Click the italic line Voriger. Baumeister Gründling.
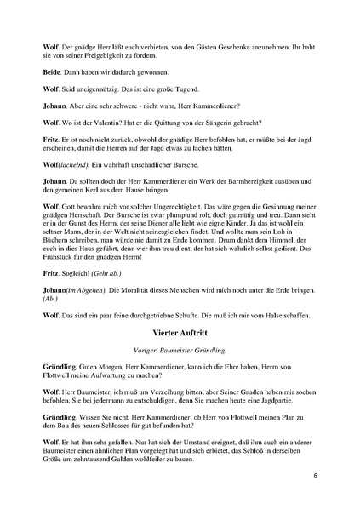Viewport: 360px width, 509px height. (180, 349)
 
